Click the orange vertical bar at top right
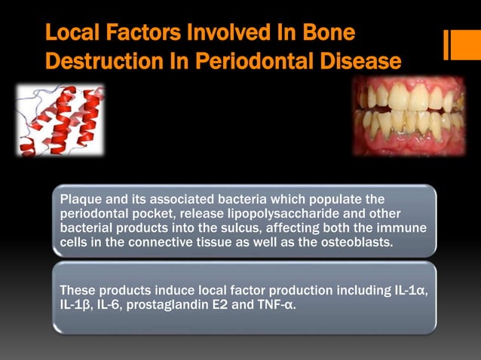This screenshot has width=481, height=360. pos(457,44)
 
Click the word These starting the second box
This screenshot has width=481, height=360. pos(78,290)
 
